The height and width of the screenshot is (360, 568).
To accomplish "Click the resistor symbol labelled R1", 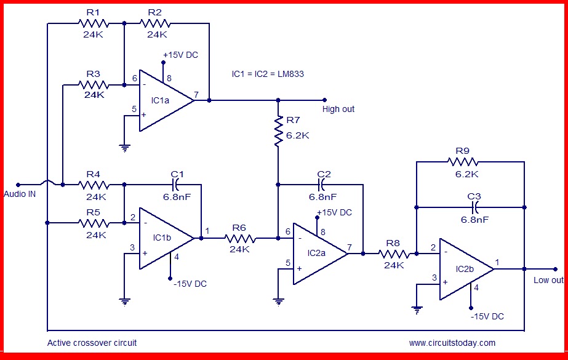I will tap(94, 23).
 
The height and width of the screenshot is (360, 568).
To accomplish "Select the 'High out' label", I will tap(338, 109).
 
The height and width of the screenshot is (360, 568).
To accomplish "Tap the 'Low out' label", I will tap(548, 280).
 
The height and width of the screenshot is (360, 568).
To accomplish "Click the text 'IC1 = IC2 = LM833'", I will tap(268, 74).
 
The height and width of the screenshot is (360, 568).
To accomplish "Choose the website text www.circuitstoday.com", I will tap(452, 343).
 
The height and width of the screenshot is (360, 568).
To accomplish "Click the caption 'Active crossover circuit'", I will tap(92, 343).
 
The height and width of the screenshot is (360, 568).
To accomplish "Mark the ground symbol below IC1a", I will tap(124, 146).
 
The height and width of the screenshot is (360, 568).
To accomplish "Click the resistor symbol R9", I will tap(463, 162).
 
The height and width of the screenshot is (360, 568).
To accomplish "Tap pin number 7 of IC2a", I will tap(350, 247).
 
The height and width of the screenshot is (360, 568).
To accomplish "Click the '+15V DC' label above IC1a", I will tap(180, 55).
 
